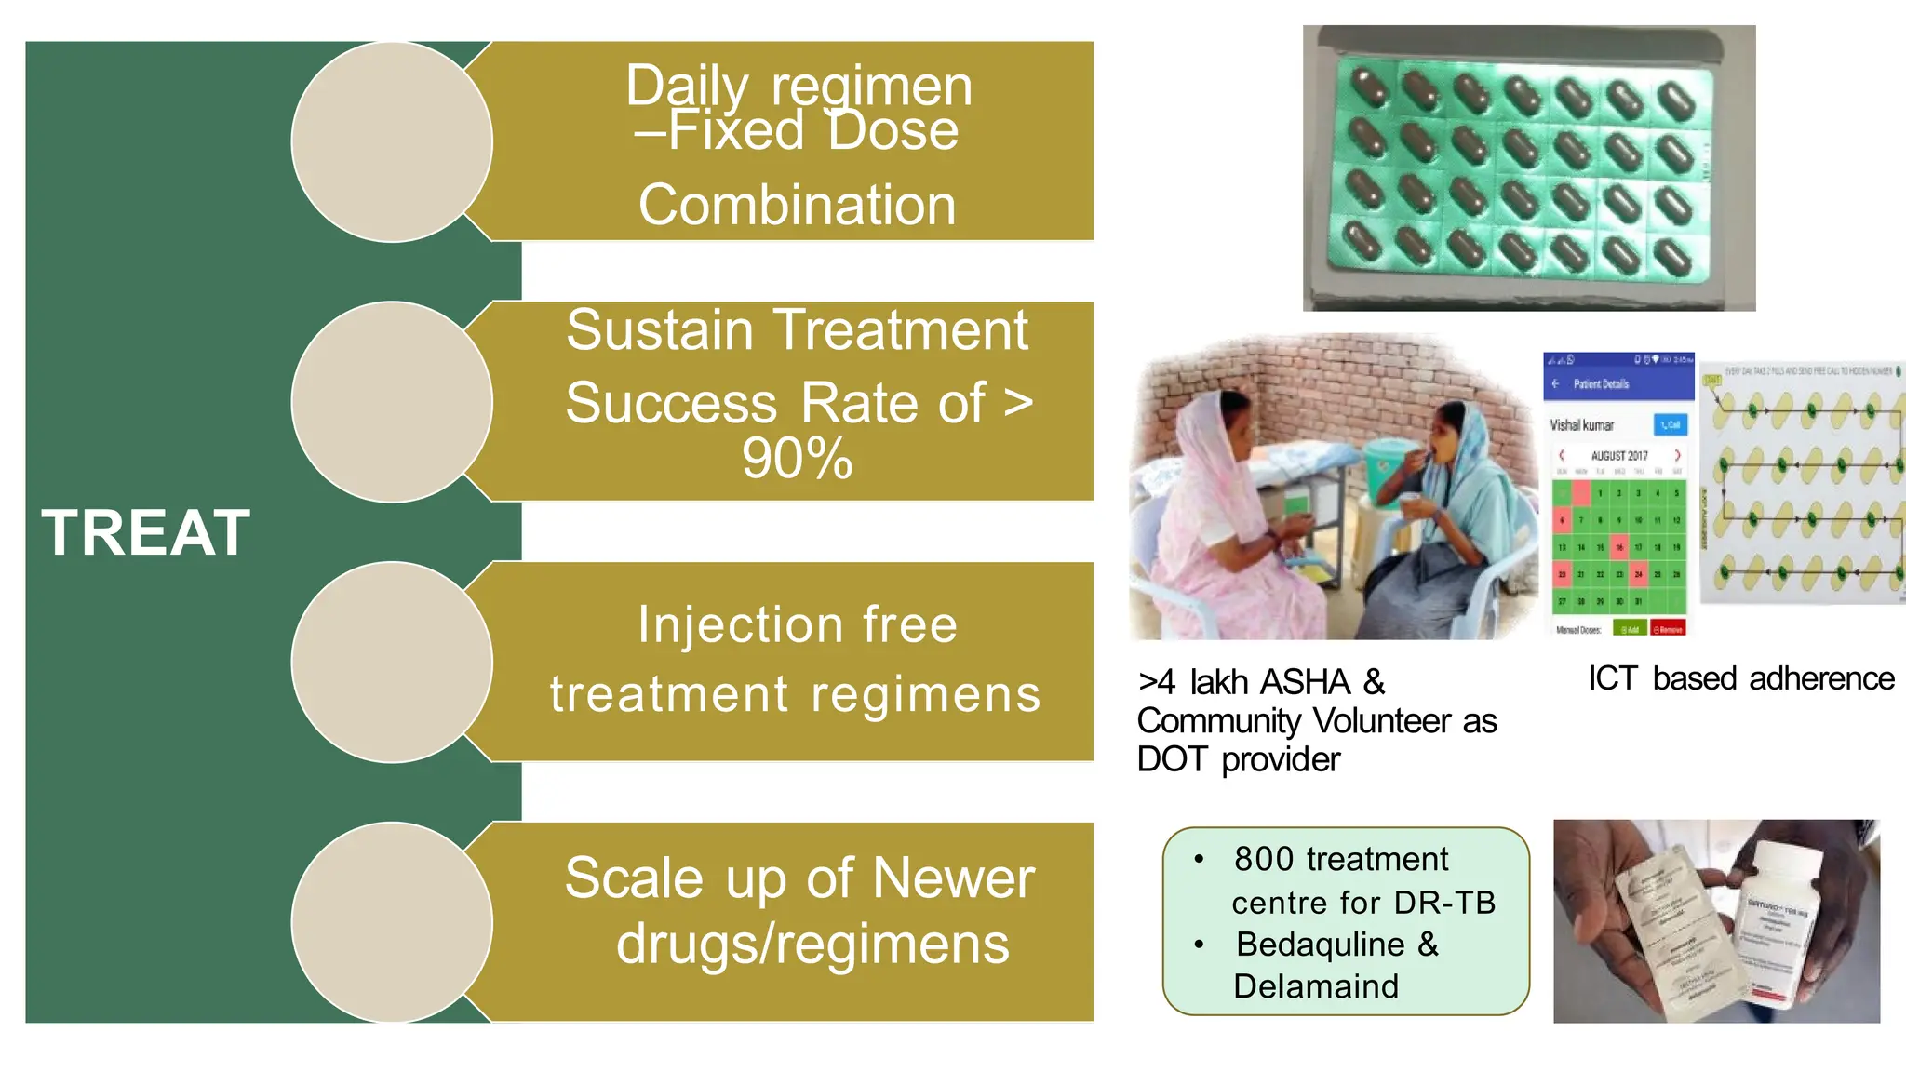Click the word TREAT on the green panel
point(146,533)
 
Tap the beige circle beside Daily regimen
point(392,142)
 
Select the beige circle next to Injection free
point(392,663)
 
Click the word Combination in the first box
point(797,205)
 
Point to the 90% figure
point(797,458)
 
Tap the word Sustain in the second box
point(659,330)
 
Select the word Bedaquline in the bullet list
point(1320,945)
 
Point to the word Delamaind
point(1315,986)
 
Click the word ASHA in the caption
point(1303,682)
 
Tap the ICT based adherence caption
point(1740,678)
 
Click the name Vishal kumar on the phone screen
point(1581,425)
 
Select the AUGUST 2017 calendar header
point(1618,456)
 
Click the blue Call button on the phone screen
point(1670,425)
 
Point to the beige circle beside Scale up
point(392,922)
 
